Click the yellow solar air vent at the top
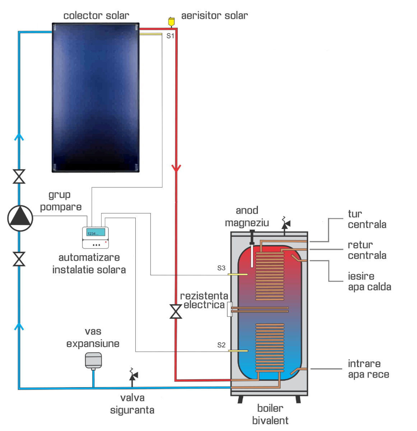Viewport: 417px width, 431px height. coord(171,22)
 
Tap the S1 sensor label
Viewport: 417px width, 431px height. coord(170,36)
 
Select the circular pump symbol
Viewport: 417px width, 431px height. coord(20,218)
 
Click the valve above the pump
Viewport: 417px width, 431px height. coord(19,176)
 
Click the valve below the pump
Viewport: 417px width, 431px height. coord(19,259)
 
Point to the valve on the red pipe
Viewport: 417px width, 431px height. coord(176,311)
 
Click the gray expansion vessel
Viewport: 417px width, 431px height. coord(93,360)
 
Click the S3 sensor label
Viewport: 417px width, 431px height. coord(221,268)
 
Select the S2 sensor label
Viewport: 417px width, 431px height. coord(221,345)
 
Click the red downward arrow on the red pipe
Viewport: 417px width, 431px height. coord(176,168)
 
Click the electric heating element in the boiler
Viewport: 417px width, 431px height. coord(259,310)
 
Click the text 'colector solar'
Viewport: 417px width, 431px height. coord(96,16)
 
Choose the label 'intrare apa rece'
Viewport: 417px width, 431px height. coord(368,369)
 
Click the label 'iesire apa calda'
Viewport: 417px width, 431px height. coord(369,281)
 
